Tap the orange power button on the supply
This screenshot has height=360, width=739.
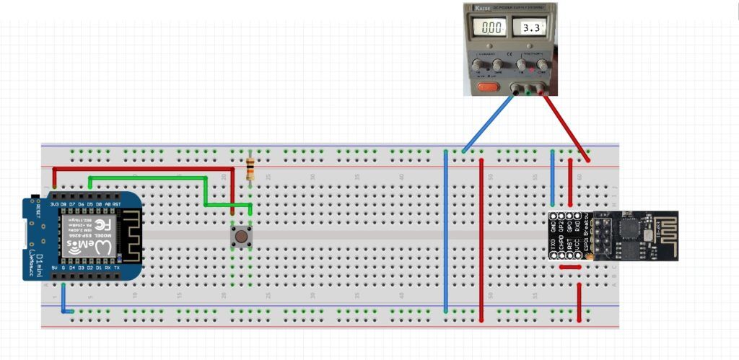pos(489,88)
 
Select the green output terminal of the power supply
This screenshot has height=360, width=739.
pos(530,91)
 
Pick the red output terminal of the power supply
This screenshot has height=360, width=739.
pos(544,91)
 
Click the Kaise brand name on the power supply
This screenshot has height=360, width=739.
pos(483,7)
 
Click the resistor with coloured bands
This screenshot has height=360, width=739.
pos(250,170)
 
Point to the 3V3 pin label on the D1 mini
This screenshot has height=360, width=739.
pos(55,204)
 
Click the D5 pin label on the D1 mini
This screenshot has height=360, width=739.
pos(89,204)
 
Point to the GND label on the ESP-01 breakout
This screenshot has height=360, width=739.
pos(554,225)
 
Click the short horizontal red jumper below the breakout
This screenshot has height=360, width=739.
pos(570,267)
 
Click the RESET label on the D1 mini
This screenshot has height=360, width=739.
pos(38,211)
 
